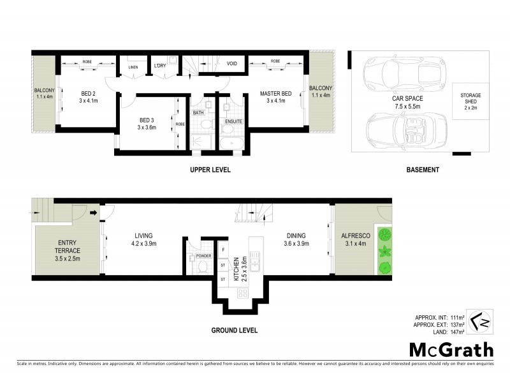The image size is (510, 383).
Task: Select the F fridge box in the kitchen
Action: (223, 250)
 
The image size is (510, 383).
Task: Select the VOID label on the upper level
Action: (232, 64)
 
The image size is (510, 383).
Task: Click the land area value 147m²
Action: (456, 332)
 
